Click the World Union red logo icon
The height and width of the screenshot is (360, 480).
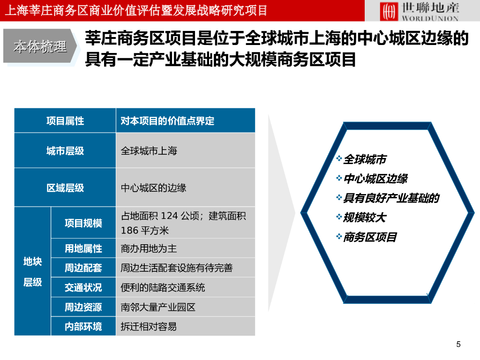click(x=389, y=11)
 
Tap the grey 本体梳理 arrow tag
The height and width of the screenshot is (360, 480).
click(x=40, y=46)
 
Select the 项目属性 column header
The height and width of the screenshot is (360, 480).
click(x=65, y=120)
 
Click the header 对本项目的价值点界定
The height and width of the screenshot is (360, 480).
click(x=167, y=121)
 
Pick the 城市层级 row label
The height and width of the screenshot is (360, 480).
click(x=65, y=150)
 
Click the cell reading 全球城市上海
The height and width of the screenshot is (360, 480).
click(x=149, y=150)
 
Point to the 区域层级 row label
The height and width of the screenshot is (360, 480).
click(x=65, y=187)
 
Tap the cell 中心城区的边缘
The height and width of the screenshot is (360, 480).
click(x=153, y=187)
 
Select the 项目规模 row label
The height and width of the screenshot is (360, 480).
click(x=83, y=223)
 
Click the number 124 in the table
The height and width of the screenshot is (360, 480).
click(x=169, y=216)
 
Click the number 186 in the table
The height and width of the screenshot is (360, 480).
click(x=129, y=231)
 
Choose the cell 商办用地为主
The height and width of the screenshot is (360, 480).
click(x=149, y=248)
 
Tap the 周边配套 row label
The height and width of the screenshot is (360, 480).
click(x=83, y=268)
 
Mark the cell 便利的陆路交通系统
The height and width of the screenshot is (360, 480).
click(x=163, y=287)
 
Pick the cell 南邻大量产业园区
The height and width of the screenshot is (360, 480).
click(x=158, y=307)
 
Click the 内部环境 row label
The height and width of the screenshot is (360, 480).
click(x=83, y=327)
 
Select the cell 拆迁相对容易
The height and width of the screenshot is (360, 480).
click(x=149, y=327)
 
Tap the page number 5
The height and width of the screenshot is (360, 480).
click(x=458, y=345)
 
